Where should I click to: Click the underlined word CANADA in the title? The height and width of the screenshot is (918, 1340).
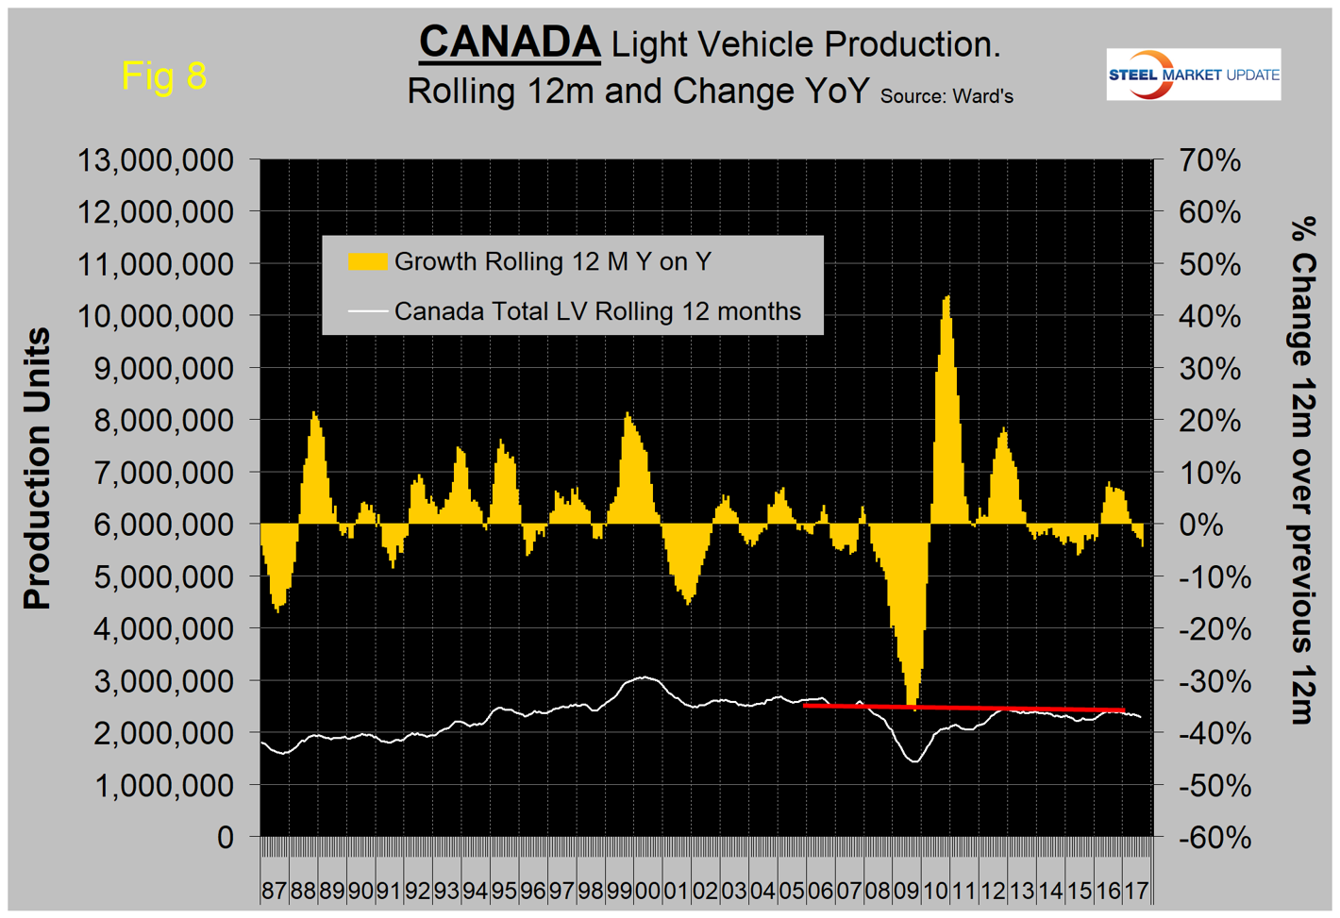510,42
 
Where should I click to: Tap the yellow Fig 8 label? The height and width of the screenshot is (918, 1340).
164,75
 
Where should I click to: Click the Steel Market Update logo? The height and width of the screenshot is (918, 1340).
1194,75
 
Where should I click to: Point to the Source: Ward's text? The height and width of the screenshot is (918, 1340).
946,95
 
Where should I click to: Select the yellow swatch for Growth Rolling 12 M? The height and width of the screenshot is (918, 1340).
367,261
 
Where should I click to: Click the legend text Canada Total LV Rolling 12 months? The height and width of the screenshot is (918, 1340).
597,311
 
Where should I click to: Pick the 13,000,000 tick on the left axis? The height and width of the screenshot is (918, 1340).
156,160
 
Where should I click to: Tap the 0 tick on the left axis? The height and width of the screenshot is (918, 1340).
225,837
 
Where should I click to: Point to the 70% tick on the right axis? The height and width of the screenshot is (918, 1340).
1210,160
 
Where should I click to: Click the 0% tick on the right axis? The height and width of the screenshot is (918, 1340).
1200,524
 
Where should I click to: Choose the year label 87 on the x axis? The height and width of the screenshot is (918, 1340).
274,891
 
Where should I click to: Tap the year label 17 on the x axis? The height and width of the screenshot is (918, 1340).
1136,891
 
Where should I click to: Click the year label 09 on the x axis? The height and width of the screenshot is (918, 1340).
906,891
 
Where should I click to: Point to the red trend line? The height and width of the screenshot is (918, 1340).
963,708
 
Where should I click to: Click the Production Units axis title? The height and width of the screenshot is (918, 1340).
37,469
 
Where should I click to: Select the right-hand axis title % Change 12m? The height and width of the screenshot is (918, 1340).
1303,469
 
